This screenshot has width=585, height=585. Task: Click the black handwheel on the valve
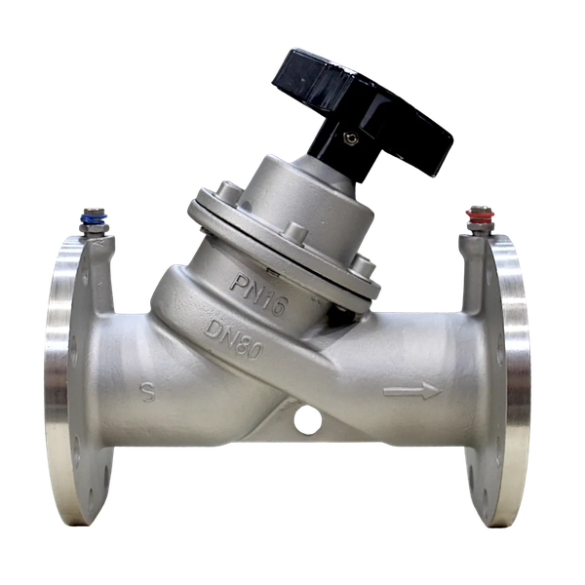362,108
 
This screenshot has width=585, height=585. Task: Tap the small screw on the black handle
351,138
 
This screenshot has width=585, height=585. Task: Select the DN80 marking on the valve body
234,339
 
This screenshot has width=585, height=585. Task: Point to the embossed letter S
148,391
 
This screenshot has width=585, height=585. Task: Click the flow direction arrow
412,391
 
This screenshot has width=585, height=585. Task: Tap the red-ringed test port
480,220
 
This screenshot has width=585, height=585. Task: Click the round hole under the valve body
308,420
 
